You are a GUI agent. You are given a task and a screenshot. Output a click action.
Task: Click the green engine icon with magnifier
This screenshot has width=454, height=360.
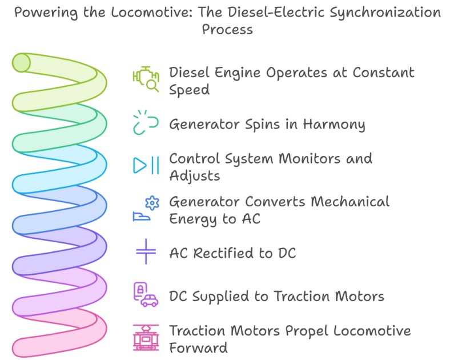[x=146, y=79]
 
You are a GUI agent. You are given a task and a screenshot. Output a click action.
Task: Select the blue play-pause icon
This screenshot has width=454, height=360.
[x=146, y=165]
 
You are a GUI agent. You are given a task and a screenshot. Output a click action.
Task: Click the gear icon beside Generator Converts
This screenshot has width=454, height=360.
[x=151, y=203]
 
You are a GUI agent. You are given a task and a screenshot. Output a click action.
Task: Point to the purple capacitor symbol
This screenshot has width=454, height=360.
[x=146, y=251]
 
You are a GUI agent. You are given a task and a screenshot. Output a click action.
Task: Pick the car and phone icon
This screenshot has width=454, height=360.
[x=146, y=294]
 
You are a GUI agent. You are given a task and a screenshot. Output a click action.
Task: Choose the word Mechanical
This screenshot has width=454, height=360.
[x=351, y=201]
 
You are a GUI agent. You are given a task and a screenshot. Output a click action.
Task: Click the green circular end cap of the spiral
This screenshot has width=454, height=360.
[x=22, y=62]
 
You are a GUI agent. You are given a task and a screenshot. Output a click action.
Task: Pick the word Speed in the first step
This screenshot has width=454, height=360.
[x=189, y=90]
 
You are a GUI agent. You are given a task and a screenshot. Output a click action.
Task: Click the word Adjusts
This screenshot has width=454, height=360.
[x=194, y=175]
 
